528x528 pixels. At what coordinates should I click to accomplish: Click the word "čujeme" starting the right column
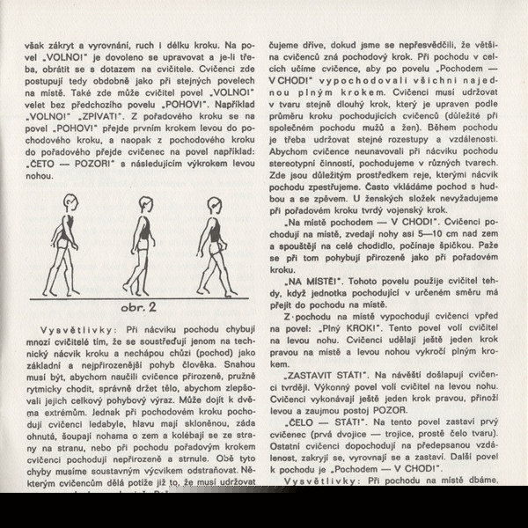click(295, 43)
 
